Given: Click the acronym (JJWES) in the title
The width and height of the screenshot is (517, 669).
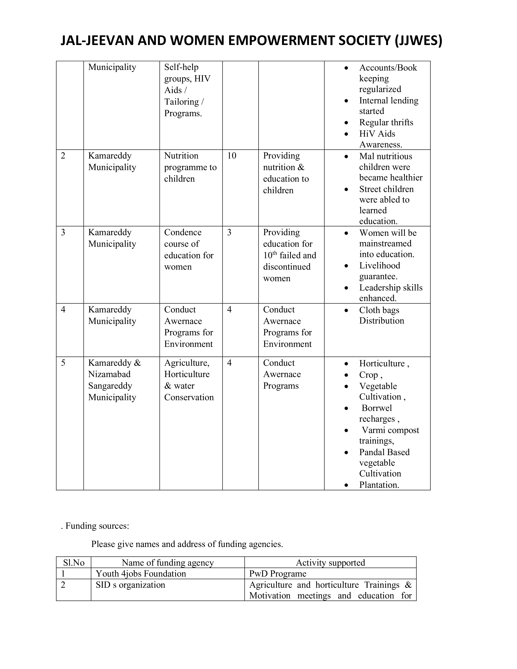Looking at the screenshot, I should (418, 41).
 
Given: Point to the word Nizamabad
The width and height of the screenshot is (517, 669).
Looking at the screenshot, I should (109, 374).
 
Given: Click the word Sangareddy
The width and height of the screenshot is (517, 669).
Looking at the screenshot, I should (110, 386).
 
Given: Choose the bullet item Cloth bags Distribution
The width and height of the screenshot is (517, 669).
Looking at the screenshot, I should (381, 315).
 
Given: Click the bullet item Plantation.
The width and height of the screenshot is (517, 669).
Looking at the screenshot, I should (379, 485).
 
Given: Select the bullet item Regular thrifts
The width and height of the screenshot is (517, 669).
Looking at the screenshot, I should (386, 122).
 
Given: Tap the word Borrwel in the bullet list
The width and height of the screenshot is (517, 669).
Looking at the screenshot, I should (377, 408).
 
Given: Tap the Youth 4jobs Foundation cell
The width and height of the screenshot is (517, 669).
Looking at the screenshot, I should (141, 574).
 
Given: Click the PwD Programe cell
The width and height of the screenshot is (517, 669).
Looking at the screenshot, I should (278, 574).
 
